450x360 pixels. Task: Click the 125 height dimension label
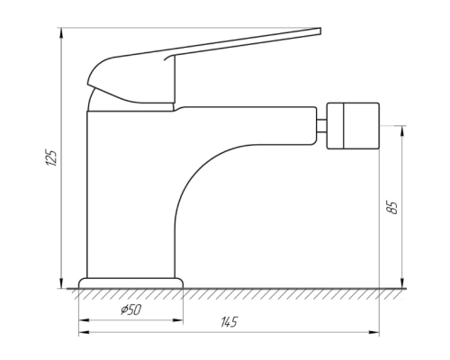[x=51, y=157]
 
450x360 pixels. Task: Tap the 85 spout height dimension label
[x=392, y=207]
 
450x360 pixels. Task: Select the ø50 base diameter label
[x=131, y=310]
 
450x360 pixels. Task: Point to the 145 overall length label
[x=229, y=322]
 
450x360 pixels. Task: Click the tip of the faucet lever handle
[x=320, y=31]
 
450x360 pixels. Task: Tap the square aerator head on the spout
[x=353, y=126]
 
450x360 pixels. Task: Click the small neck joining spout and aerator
[x=321, y=126]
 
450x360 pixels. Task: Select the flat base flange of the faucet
[x=130, y=283]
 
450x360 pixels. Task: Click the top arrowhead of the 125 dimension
[x=61, y=32]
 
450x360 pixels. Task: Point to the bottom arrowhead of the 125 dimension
[x=61, y=283]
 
